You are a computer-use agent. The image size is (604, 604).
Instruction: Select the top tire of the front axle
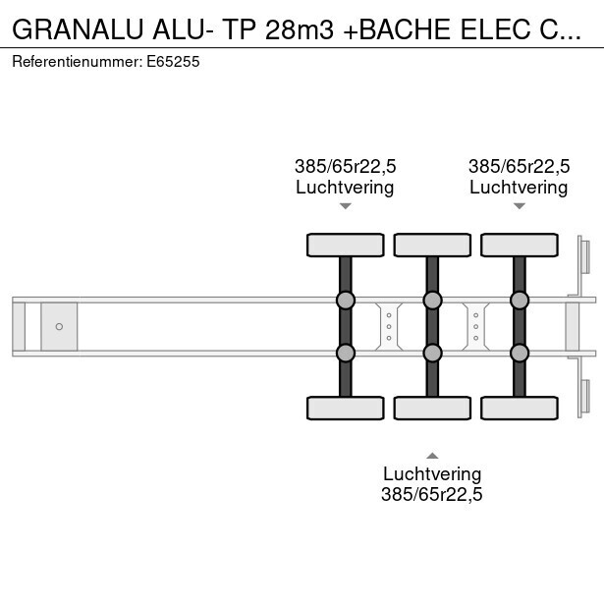point(345,245)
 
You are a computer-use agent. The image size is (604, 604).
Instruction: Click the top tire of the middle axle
point(431,245)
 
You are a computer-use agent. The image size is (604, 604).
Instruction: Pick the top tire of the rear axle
point(519,245)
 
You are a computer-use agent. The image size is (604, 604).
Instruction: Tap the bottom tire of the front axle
point(345,408)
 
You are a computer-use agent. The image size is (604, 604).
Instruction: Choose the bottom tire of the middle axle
point(431,408)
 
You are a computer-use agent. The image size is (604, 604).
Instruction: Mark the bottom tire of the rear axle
point(519,408)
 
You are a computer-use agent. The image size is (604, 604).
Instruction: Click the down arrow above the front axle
point(345,206)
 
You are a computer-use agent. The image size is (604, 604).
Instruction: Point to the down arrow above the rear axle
point(519,206)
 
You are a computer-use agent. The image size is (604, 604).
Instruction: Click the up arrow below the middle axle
point(431,455)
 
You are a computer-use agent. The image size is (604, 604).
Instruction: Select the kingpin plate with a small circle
point(59,326)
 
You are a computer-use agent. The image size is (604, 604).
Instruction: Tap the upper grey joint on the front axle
point(345,300)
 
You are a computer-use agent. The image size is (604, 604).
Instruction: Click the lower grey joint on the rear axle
point(519,353)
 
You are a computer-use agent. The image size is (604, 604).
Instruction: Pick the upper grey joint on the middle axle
point(431,300)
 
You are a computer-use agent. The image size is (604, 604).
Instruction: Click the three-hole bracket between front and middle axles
point(389,326)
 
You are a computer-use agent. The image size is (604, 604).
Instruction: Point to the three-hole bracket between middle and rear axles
point(475,326)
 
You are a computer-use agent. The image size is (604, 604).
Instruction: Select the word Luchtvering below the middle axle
point(432,474)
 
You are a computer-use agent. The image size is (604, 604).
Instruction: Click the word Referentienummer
point(77,61)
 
